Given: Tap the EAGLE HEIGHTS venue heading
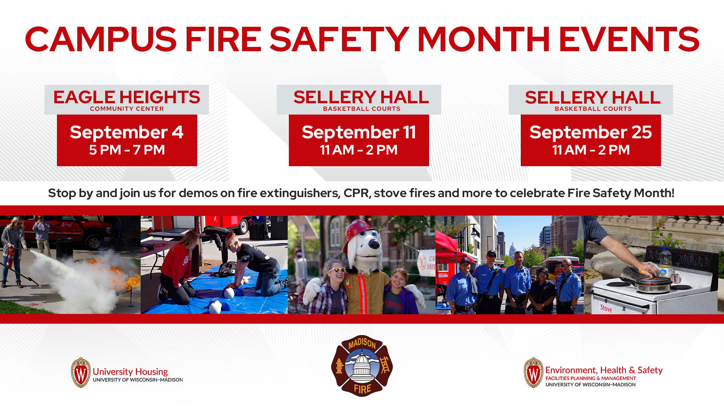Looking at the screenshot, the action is point(127,97).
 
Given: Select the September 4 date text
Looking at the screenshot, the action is point(127,132).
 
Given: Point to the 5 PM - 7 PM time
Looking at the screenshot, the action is point(127,150).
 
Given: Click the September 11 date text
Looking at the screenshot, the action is point(359,132).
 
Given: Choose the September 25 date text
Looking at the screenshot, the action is point(591,132).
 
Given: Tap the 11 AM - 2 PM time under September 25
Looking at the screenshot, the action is point(591,150).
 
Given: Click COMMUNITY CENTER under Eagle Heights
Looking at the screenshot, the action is point(127,109).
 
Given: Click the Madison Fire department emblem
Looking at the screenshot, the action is point(362,366).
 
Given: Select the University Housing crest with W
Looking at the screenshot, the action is point(81,373).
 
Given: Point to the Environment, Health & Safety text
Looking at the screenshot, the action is point(604,370).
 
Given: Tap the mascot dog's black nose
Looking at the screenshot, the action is point(375,244).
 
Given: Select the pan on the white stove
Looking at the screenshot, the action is point(654,283).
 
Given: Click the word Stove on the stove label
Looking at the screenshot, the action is point(606,308).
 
